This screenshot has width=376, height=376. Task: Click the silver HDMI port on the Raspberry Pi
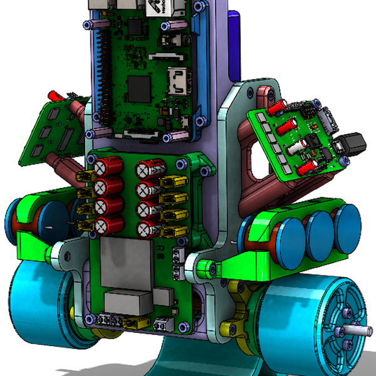(176, 83)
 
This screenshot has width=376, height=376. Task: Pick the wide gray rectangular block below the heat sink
(130, 302)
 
